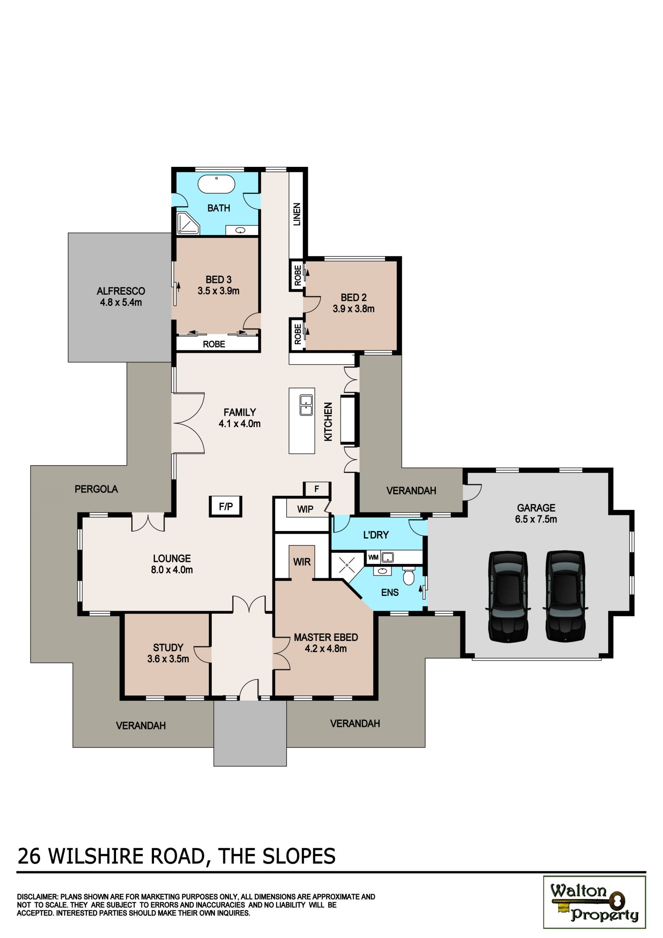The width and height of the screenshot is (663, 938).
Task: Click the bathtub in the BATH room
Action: pyautogui.click(x=217, y=184)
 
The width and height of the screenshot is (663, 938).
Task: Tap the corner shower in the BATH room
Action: pyautogui.click(x=188, y=224)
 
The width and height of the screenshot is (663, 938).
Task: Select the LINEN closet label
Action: pyautogui.click(x=297, y=214)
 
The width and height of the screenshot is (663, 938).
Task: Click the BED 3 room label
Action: pyautogui.click(x=219, y=279)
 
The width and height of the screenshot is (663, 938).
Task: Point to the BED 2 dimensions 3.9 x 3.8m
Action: pyautogui.click(x=354, y=309)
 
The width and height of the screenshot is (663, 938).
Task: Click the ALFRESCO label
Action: pyautogui.click(x=121, y=291)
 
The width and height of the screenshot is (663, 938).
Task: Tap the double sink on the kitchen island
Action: pyautogui.click(x=306, y=405)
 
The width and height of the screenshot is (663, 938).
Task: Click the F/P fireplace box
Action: pyautogui.click(x=225, y=506)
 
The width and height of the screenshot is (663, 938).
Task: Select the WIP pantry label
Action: pyautogui.click(x=305, y=509)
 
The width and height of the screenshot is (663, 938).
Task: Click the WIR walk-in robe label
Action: pyautogui.click(x=302, y=562)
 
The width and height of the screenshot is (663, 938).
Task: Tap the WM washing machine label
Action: pyautogui.click(x=373, y=557)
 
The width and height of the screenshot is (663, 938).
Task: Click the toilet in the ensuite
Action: pyautogui.click(x=408, y=576)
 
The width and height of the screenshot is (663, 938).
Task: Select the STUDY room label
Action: pyautogui.click(x=168, y=647)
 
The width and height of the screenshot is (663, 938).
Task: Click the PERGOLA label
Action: pyautogui.click(x=96, y=489)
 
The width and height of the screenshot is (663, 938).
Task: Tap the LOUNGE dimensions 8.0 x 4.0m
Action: pyautogui.click(x=172, y=569)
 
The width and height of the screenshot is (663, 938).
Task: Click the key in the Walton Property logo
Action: pyautogui.click(x=588, y=902)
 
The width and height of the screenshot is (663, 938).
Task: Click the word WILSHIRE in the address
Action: pyautogui.click(x=96, y=856)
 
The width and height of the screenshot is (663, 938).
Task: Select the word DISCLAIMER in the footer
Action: pyautogui.click(x=38, y=897)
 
